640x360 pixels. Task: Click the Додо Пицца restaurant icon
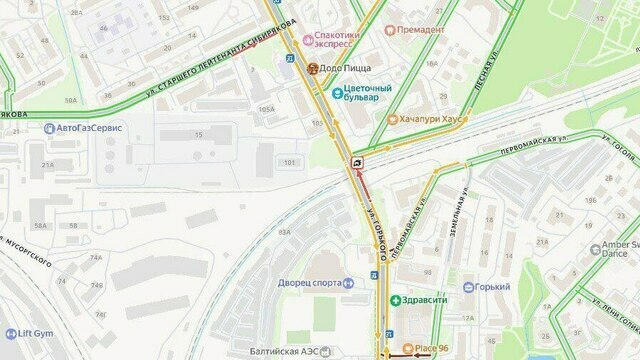pos(313,68)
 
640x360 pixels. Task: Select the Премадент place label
pos(420,30)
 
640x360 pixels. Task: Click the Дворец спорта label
pos(310,283)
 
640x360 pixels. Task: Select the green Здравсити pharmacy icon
pos(396,300)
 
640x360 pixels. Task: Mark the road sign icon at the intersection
pos(357,161)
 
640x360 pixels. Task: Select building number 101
pos(291,162)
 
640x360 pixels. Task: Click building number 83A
pos(284,231)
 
